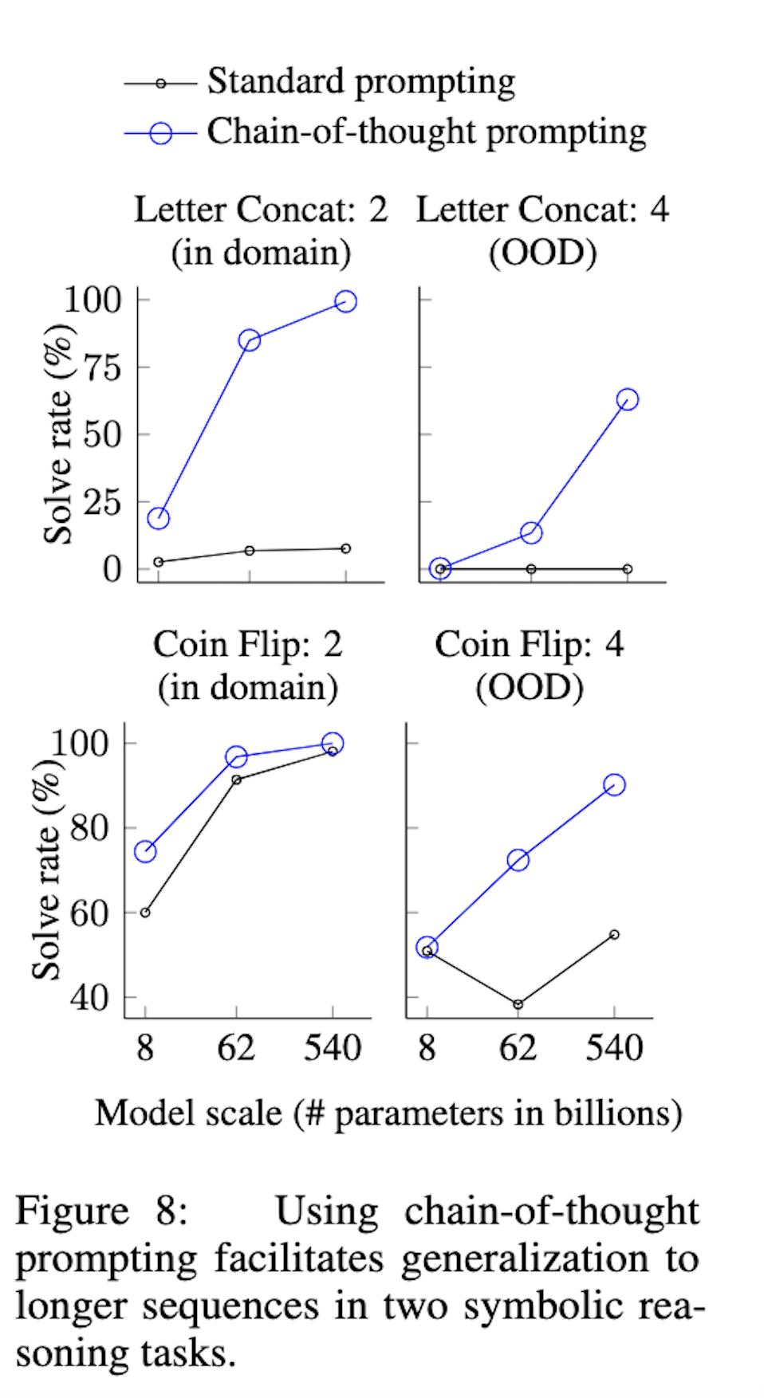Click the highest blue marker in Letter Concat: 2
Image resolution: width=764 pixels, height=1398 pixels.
(345, 301)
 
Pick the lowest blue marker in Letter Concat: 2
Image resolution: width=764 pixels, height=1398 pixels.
(159, 518)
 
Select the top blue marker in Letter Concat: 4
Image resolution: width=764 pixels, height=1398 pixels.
(628, 399)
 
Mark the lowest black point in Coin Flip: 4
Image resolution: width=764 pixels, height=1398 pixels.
(518, 1004)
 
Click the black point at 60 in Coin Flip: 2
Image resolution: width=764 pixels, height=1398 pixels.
(145, 913)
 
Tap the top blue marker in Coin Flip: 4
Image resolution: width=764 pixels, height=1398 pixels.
(614, 785)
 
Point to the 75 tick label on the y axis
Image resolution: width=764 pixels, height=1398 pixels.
(103, 368)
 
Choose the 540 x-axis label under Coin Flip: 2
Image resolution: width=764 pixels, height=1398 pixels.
(333, 1048)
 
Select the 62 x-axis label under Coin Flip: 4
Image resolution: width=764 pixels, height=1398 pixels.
(518, 1048)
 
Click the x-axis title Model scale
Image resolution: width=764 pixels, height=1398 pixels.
(388, 1113)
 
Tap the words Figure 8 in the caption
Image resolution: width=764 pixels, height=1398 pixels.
(101, 1211)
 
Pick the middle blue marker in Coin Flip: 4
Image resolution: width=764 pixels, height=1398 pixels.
(518, 860)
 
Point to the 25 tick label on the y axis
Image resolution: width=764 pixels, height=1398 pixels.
(103, 503)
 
